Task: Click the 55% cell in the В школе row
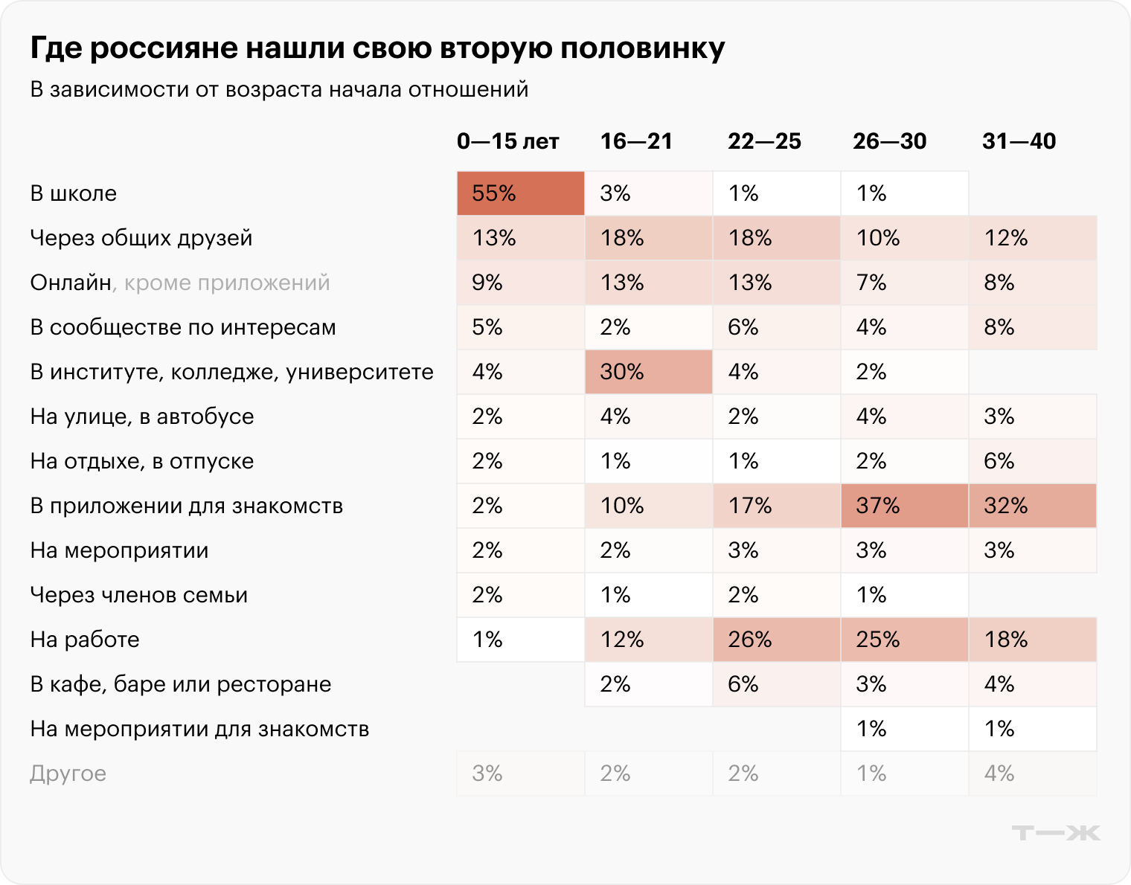coord(520,193)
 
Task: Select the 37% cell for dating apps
coord(904,506)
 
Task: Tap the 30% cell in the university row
coord(648,372)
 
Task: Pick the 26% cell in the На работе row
coord(776,640)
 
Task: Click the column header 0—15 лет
coord(507,141)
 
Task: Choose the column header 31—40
coord(1019,141)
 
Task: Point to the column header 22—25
coord(764,141)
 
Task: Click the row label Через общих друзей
coord(141,238)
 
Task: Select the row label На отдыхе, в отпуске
coord(142,461)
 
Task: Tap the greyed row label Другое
coord(68,773)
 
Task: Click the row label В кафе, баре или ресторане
coord(181,684)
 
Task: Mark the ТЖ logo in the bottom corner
coord(1055,833)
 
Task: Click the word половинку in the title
coord(642,48)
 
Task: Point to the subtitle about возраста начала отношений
coord(279,89)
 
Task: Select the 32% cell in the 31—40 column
coord(1032,506)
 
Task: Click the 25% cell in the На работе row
coord(904,640)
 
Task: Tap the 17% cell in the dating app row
coord(776,506)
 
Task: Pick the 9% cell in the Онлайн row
coord(520,283)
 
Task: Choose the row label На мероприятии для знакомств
coord(199,729)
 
